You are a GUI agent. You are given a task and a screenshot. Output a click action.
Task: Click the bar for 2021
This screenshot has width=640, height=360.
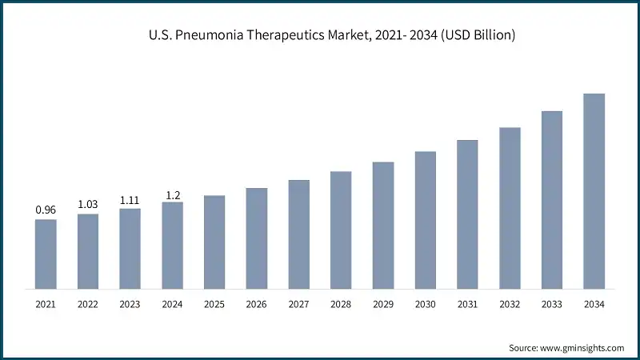[x=46, y=254]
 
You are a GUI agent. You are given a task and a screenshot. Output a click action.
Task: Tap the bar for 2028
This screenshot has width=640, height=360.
[x=341, y=230]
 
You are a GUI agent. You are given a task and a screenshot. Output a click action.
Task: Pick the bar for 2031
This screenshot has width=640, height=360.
[x=467, y=214]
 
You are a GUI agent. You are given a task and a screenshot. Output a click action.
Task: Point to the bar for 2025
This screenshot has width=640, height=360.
[x=214, y=242]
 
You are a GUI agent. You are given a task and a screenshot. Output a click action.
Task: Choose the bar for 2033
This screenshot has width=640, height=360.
[x=552, y=199]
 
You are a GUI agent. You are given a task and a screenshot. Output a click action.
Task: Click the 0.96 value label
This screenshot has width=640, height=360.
[x=46, y=210]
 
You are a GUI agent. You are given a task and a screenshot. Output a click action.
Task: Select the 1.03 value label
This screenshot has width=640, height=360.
[x=88, y=205]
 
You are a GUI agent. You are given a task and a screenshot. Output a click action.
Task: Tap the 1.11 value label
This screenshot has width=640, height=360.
[x=130, y=200]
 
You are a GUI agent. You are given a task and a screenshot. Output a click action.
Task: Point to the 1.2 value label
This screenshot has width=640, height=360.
[x=172, y=194]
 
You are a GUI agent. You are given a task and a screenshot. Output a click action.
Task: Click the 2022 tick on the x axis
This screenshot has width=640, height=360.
[x=88, y=305]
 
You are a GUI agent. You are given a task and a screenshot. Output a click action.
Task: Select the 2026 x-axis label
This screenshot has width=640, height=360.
[x=257, y=305]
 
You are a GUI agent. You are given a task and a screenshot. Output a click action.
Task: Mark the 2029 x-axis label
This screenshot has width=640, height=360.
[x=383, y=305]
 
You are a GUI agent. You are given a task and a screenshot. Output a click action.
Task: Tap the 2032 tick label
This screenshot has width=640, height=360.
[x=510, y=305]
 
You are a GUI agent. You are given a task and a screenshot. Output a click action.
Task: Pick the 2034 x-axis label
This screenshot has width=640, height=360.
[x=594, y=305]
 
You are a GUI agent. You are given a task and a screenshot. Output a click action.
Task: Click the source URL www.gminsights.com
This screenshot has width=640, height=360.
[x=584, y=348]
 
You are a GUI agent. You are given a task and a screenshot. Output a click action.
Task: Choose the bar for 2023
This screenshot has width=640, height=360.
[x=130, y=249]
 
